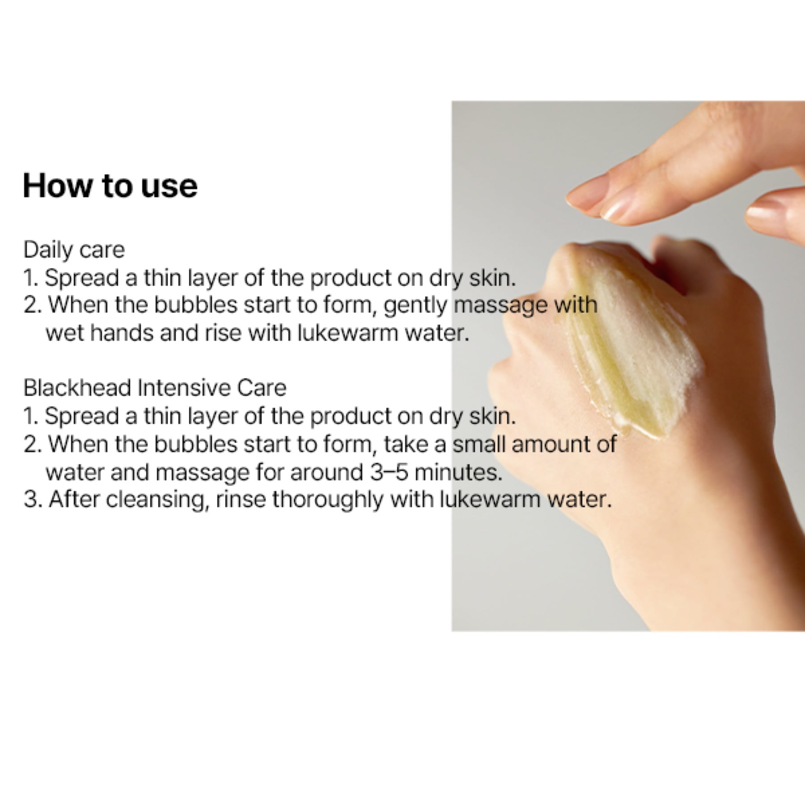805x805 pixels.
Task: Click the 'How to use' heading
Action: point(110,186)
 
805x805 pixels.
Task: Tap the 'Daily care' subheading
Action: point(74,250)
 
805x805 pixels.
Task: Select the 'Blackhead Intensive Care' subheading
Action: point(155,388)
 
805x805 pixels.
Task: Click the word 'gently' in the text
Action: point(416,306)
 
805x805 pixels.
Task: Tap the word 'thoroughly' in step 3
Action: point(327,500)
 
